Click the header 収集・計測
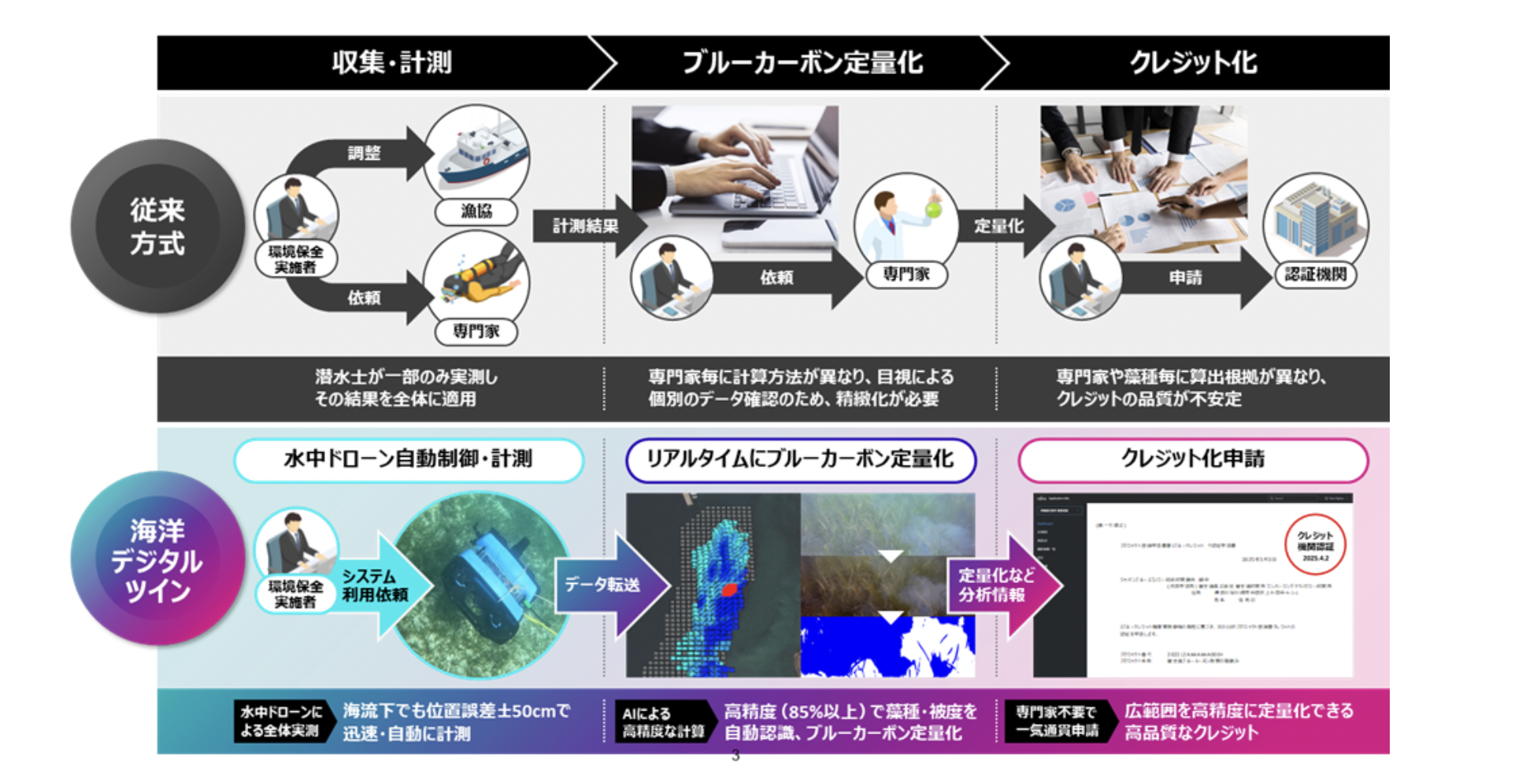(391, 62)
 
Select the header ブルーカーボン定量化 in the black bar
(802, 62)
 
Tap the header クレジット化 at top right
(1193, 62)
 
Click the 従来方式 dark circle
(157, 226)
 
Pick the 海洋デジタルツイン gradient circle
(157, 559)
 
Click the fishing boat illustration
(476, 154)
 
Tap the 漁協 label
(476, 211)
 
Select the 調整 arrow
(364, 153)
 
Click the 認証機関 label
(1315, 275)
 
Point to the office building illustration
(1315, 217)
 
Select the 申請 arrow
(1185, 277)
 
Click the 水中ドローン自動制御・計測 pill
(408, 459)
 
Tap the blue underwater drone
(488, 583)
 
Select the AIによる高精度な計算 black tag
(663, 722)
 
